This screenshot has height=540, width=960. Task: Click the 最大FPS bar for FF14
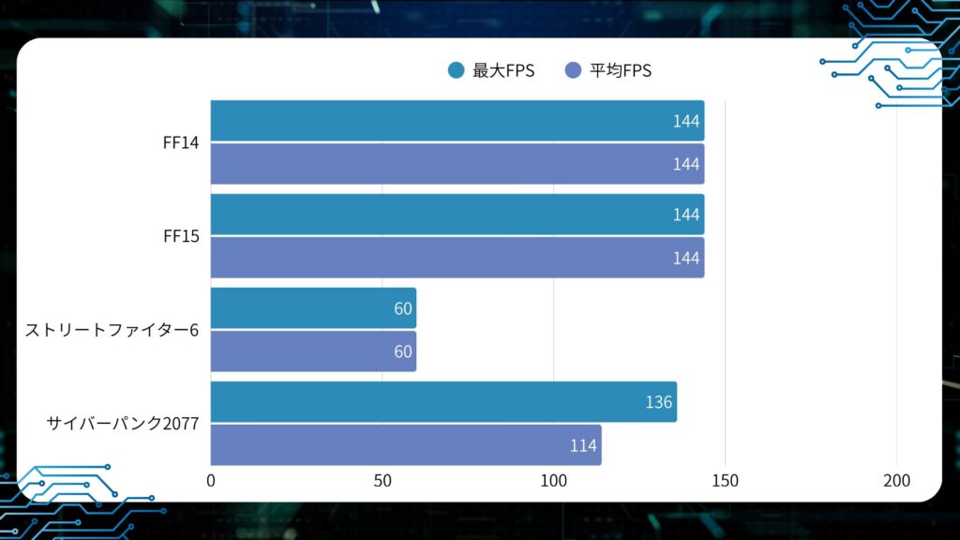pos(457,121)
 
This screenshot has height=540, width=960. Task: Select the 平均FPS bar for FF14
pos(457,164)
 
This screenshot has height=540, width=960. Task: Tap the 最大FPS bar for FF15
pos(457,215)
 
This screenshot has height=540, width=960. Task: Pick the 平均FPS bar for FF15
pos(457,258)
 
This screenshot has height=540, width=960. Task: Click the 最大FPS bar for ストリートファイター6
pos(313,308)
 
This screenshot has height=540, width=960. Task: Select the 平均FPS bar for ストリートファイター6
pos(313,352)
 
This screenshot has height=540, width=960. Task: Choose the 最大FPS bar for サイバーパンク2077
pos(443,402)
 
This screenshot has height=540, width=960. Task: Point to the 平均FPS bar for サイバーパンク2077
pos(405,445)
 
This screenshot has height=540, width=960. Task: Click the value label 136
pos(658,402)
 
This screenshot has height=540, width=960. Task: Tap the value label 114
pos(583,445)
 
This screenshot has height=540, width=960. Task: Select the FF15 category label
pos(180,236)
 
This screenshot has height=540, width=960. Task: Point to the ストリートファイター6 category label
pos(112,330)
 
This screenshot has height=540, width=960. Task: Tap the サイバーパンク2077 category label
pos(123,424)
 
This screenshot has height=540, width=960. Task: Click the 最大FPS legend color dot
pos(457,70)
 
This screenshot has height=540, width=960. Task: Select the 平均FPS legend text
pos(621,70)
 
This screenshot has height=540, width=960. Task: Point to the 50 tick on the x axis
pos(382,481)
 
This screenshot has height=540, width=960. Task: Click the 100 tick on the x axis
pos(553,481)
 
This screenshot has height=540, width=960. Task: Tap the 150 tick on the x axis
pos(725,481)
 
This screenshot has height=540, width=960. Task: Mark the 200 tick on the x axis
pos(897,481)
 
